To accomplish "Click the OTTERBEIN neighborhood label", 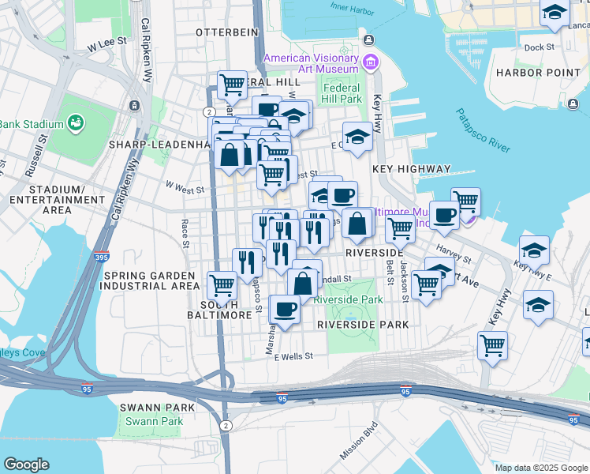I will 224,32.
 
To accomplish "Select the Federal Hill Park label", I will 342,93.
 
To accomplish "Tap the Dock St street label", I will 540,47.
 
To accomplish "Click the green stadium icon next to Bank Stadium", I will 77,122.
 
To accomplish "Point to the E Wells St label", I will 293,356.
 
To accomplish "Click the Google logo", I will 26,464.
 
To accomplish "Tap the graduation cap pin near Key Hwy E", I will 534,249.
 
